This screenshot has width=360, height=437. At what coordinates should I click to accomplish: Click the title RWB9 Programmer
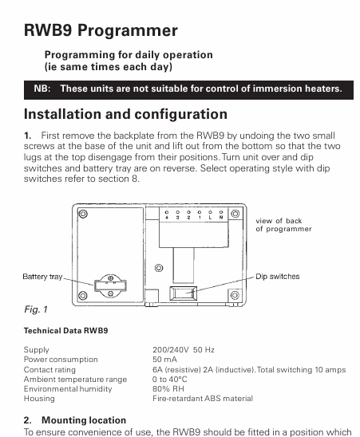(101, 30)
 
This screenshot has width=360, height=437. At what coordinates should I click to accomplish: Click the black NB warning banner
(188, 90)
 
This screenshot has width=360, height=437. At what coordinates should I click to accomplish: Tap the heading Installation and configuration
(125, 114)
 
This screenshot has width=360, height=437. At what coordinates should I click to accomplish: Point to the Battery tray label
(42, 277)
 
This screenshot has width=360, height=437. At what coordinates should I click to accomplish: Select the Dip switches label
(278, 277)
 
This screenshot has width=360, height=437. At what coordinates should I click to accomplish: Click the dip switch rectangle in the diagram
(184, 293)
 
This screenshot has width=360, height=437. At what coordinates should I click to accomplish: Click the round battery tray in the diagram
(110, 285)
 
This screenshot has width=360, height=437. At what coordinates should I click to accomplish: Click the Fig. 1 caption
(36, 309)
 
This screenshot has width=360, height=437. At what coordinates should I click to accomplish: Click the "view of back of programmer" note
(283, 225)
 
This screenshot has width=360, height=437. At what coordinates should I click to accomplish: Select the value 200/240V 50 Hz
(184, 350)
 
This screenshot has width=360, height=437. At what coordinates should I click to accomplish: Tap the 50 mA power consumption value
(164, 360)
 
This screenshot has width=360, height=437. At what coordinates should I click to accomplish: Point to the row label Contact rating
(49, 370)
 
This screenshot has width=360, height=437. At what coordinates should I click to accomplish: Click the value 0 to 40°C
(170, 380)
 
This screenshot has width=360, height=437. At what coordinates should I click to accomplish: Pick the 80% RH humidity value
(168, 389)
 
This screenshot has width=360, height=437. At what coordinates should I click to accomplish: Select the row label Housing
(39, 399)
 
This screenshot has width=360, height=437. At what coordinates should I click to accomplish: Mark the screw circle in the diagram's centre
(159, 268)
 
